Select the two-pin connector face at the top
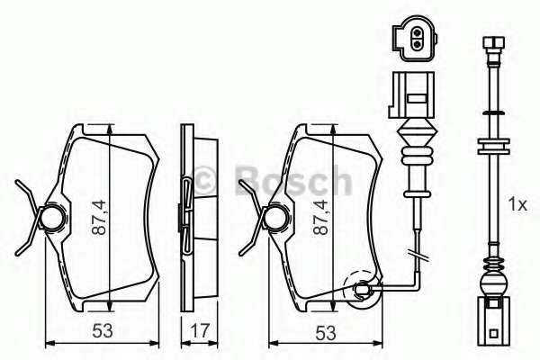(415, 38)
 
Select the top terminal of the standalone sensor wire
(492, 42)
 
